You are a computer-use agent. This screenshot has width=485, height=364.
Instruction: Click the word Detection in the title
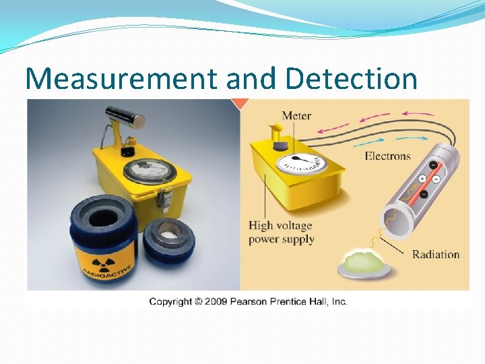coord(351,79)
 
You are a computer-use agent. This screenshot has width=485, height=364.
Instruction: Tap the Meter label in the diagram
coord(296,115)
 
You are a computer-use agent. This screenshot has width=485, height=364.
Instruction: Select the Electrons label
coord(387,156)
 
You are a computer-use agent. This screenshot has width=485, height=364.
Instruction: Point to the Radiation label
coord(435,254)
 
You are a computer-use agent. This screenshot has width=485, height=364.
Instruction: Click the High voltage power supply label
coord(280,232)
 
